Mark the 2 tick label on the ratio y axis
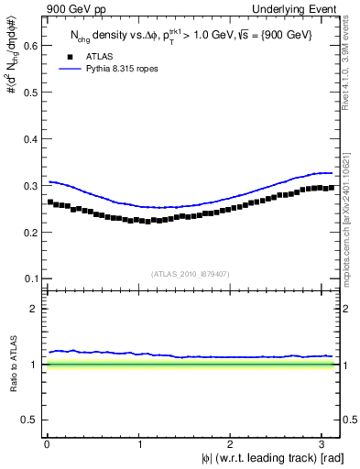coord(33,310)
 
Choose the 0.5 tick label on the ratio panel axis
coord(28,420)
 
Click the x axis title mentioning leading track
coord(274,457)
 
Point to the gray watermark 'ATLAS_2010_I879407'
coord(191,272)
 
